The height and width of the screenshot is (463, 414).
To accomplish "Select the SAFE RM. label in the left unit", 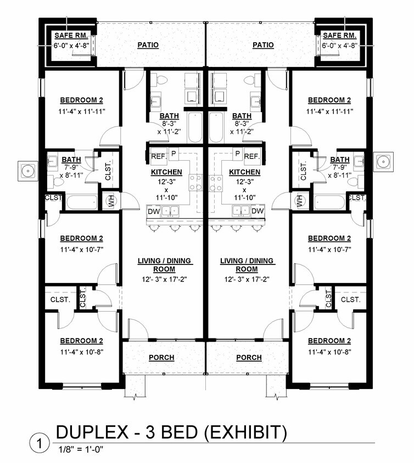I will (x=68, y=36).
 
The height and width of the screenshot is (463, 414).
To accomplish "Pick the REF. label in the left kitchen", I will (x=158, y=156).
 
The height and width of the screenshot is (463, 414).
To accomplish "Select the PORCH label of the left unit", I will (x=161, y=358).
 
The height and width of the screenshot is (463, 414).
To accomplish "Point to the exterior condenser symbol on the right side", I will (x=383, y=161).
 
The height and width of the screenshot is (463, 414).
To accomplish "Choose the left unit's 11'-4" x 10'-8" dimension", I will (x=82, y=352).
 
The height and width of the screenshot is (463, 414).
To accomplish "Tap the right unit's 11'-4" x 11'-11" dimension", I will (x=329, y=111).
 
